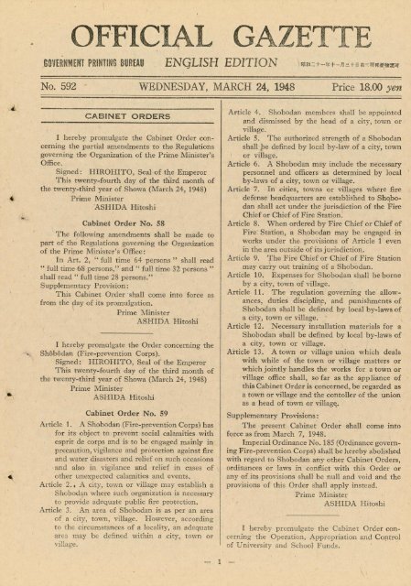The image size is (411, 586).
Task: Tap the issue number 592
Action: pos(38,92)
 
